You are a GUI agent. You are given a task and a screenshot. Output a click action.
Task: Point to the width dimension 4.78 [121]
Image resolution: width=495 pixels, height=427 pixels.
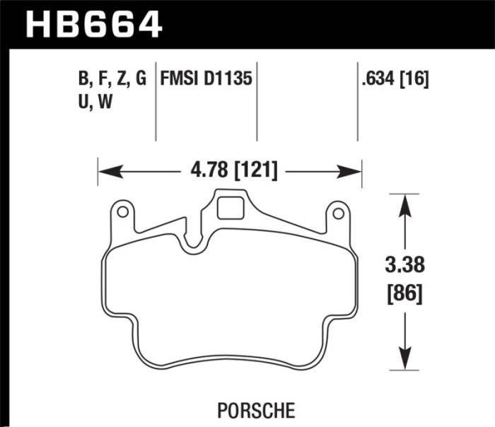pyautogui.click(x=230, y=170)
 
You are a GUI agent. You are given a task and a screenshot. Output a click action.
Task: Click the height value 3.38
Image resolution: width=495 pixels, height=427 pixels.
pyautogui.click(x=404, y=267)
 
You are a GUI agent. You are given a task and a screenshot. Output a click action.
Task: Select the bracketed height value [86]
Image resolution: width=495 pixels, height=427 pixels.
pyautogui.click(x=404, y=292)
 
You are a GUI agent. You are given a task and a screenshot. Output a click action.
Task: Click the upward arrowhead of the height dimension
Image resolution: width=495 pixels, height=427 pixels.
pyautogui.click(x=404, y=202)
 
